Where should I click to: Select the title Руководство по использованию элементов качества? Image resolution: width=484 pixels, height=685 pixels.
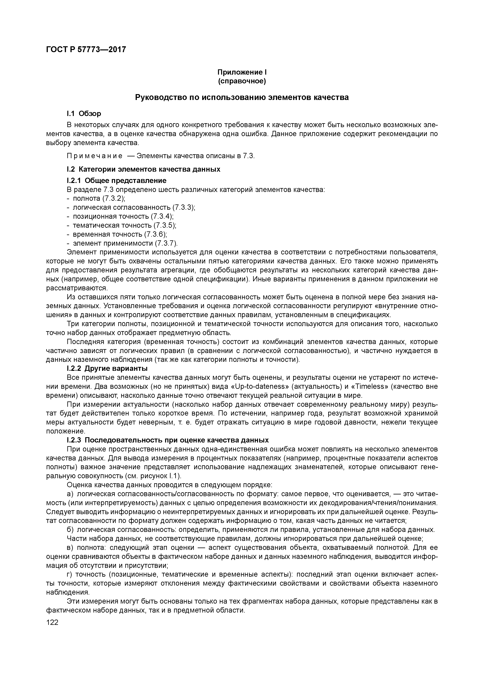242,98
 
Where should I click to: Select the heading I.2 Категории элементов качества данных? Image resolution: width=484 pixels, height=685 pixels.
143,169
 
